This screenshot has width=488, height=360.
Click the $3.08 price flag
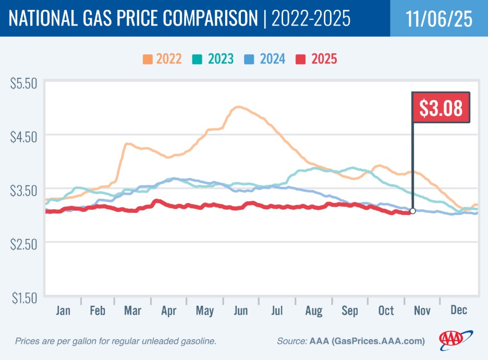pos(441,107)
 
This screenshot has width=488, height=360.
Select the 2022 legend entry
pos(162,58)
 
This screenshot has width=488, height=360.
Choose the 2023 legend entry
pos(214,58)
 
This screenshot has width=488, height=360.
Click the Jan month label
pos(63,310)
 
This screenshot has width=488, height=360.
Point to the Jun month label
pos(241,310)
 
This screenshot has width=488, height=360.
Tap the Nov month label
pos(422,310)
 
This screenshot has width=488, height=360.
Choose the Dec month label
pos(458,310)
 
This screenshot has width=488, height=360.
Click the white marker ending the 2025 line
pos(412,211)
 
